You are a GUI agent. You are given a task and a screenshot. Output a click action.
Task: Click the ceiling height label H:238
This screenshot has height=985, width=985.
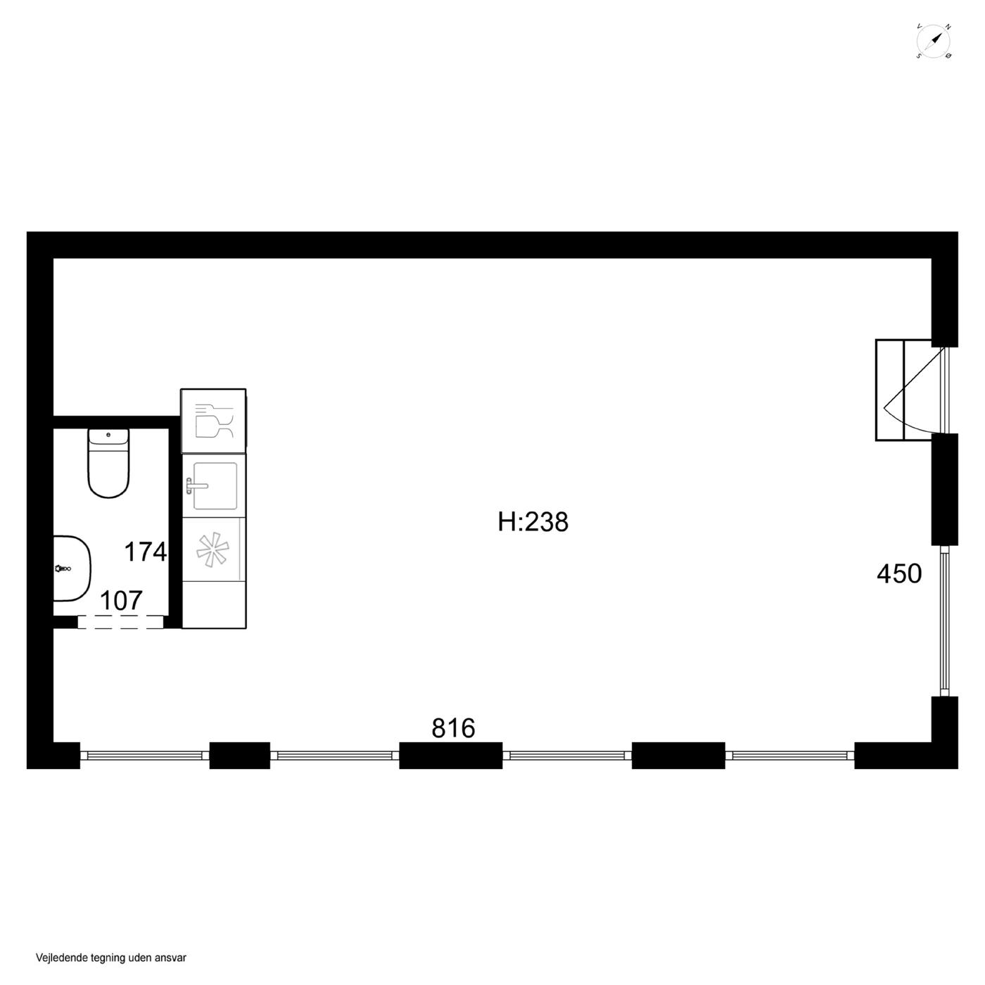(533, 523)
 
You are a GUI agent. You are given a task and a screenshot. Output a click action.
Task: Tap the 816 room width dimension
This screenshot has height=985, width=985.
(453, 728)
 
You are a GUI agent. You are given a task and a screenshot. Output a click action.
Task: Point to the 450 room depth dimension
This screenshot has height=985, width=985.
(899, 573)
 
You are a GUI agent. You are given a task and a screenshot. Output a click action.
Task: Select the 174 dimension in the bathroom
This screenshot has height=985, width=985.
(146, 552)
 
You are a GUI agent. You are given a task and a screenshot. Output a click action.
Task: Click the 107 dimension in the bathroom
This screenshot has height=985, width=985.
(120, 601)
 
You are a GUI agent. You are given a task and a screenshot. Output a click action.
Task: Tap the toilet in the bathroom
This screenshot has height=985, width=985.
(108, 463)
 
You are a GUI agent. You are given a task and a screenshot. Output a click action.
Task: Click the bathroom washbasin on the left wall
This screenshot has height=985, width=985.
(72, 568)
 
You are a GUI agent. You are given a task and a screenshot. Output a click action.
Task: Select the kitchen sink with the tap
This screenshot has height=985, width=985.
(215, 486)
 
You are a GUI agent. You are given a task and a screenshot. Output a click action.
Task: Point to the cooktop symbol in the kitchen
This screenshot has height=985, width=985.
(213, 549)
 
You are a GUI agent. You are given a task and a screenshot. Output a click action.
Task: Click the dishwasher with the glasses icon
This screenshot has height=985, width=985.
(213, 421)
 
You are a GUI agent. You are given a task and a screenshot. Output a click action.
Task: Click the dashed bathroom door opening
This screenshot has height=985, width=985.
(120, 621)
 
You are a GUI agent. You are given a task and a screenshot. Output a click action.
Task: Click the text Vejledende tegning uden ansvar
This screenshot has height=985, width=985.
(111, 958)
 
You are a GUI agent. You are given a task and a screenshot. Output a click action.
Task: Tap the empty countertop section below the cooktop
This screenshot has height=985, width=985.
(214, 604)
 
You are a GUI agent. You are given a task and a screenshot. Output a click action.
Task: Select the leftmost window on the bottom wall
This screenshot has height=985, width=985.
(145, 756)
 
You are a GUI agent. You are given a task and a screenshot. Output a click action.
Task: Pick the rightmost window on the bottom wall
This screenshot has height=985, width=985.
(789, 756)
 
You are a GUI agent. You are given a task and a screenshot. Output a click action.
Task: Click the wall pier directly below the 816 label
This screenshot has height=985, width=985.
(450, 756)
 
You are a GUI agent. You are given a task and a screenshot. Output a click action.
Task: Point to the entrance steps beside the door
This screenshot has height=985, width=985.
(903, 390)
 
